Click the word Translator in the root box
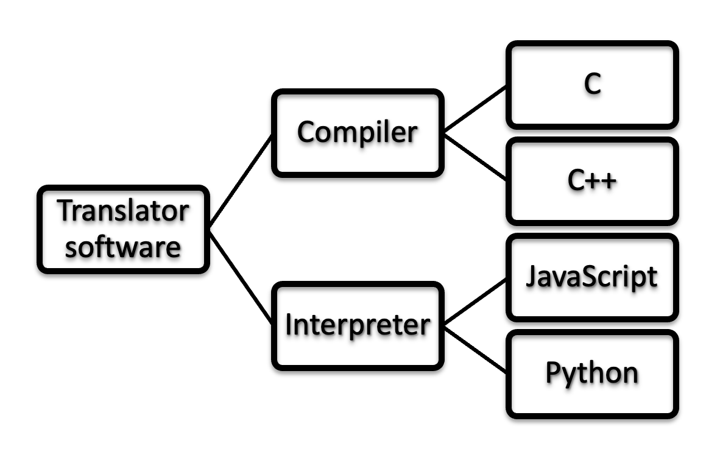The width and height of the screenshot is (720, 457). [124, 211]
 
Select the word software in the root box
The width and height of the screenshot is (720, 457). [124, 247]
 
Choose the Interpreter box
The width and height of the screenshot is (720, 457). [357, 325]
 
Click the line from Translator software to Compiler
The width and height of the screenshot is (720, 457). [241, 181]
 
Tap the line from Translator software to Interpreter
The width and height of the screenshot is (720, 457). [241, 277]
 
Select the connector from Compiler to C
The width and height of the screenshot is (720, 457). [475, 108]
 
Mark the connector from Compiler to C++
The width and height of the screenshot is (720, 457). [475, 157]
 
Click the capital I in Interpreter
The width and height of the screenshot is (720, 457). [289, 325]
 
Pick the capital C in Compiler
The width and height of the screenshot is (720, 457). [305, 132]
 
